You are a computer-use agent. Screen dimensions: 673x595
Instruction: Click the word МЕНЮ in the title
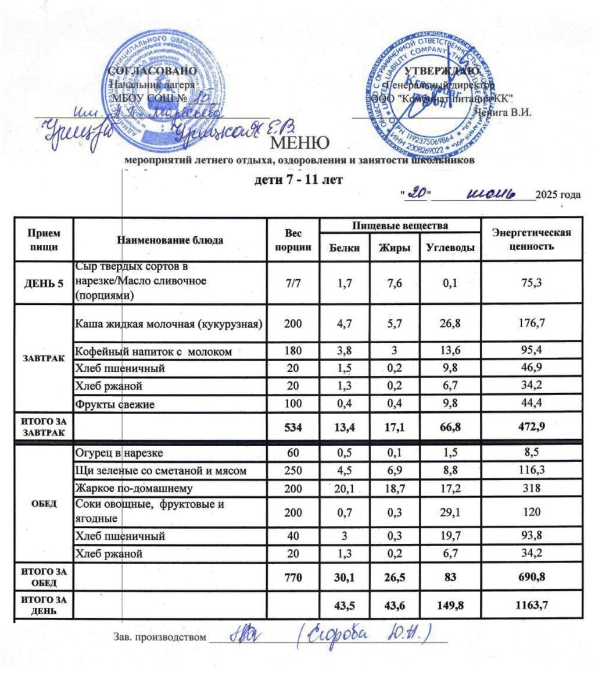(297, 142)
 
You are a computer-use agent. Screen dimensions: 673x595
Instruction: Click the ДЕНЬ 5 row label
(44, 283)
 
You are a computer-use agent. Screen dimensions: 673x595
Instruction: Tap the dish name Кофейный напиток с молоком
(155, 352)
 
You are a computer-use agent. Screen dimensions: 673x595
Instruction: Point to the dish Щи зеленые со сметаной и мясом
(155, 471)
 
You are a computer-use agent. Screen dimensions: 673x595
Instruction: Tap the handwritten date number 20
(415, 195)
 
